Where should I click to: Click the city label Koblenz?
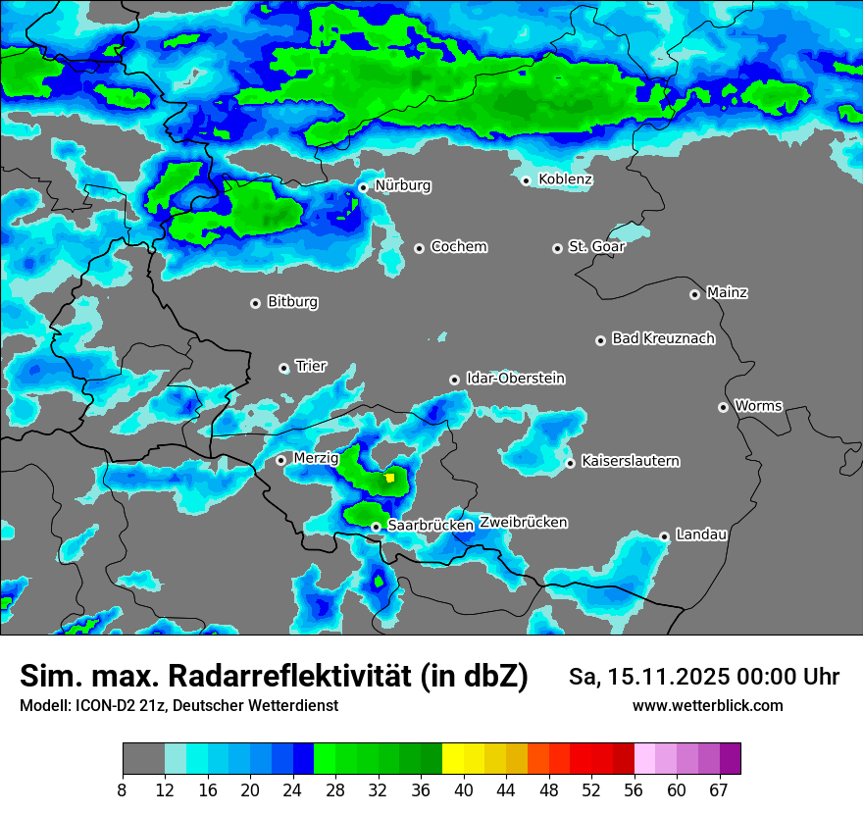tap(565, 179)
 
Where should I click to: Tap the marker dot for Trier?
tap(284, 368)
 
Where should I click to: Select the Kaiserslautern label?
tap(631, 461)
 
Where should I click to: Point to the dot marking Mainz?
tap(695, 294)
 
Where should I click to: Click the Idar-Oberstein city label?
tap(516, 379)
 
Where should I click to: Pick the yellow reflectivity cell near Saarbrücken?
tap(389, 478)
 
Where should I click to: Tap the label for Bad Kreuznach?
tap(663, 338)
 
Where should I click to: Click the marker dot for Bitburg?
tap(256, 303)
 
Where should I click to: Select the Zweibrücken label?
tap(523, 523)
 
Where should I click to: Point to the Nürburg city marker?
tap(363, 187)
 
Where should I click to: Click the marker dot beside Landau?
tap(664, 536)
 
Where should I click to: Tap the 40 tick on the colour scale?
tap(464, 789)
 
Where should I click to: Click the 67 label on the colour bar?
tap(719, 789)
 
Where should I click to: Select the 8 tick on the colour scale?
tap(124, 789)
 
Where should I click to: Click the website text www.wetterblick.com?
tap(707, 706)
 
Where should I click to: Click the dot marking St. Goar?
tap(558, 248)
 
